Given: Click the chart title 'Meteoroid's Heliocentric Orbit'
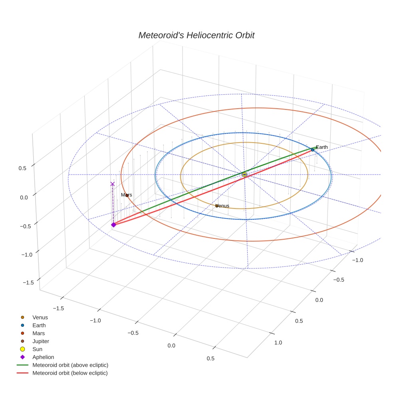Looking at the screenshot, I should [x=196, y=35].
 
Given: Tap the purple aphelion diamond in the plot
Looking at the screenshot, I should [x=113, y=225].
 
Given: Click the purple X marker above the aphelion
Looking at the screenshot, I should [x=113, y=184].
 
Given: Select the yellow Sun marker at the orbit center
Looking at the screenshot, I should [x=244, y=175].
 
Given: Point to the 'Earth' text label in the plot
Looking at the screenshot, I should [x=322, y=147].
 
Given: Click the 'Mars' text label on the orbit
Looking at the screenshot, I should [x=126, y=195].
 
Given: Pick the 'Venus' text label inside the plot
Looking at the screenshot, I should [x=222, y=206].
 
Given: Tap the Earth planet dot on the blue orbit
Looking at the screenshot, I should [x=313, y=150].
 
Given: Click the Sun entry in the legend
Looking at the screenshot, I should [x=38, y=349].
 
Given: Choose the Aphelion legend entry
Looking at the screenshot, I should [x=43, y=357].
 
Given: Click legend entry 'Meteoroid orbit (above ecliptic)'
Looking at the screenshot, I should [x=70, y=365].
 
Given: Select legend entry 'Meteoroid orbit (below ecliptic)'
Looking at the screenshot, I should [x=70, y=373].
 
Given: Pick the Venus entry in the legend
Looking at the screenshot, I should [x=40, y=317].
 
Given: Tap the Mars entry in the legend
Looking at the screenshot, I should [x=38, y=333].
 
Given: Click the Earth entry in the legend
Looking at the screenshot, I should [x=39, y=325].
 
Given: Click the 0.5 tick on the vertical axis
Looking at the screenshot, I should [x=22, y=168].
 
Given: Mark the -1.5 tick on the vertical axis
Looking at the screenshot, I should [x=28, y=282].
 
